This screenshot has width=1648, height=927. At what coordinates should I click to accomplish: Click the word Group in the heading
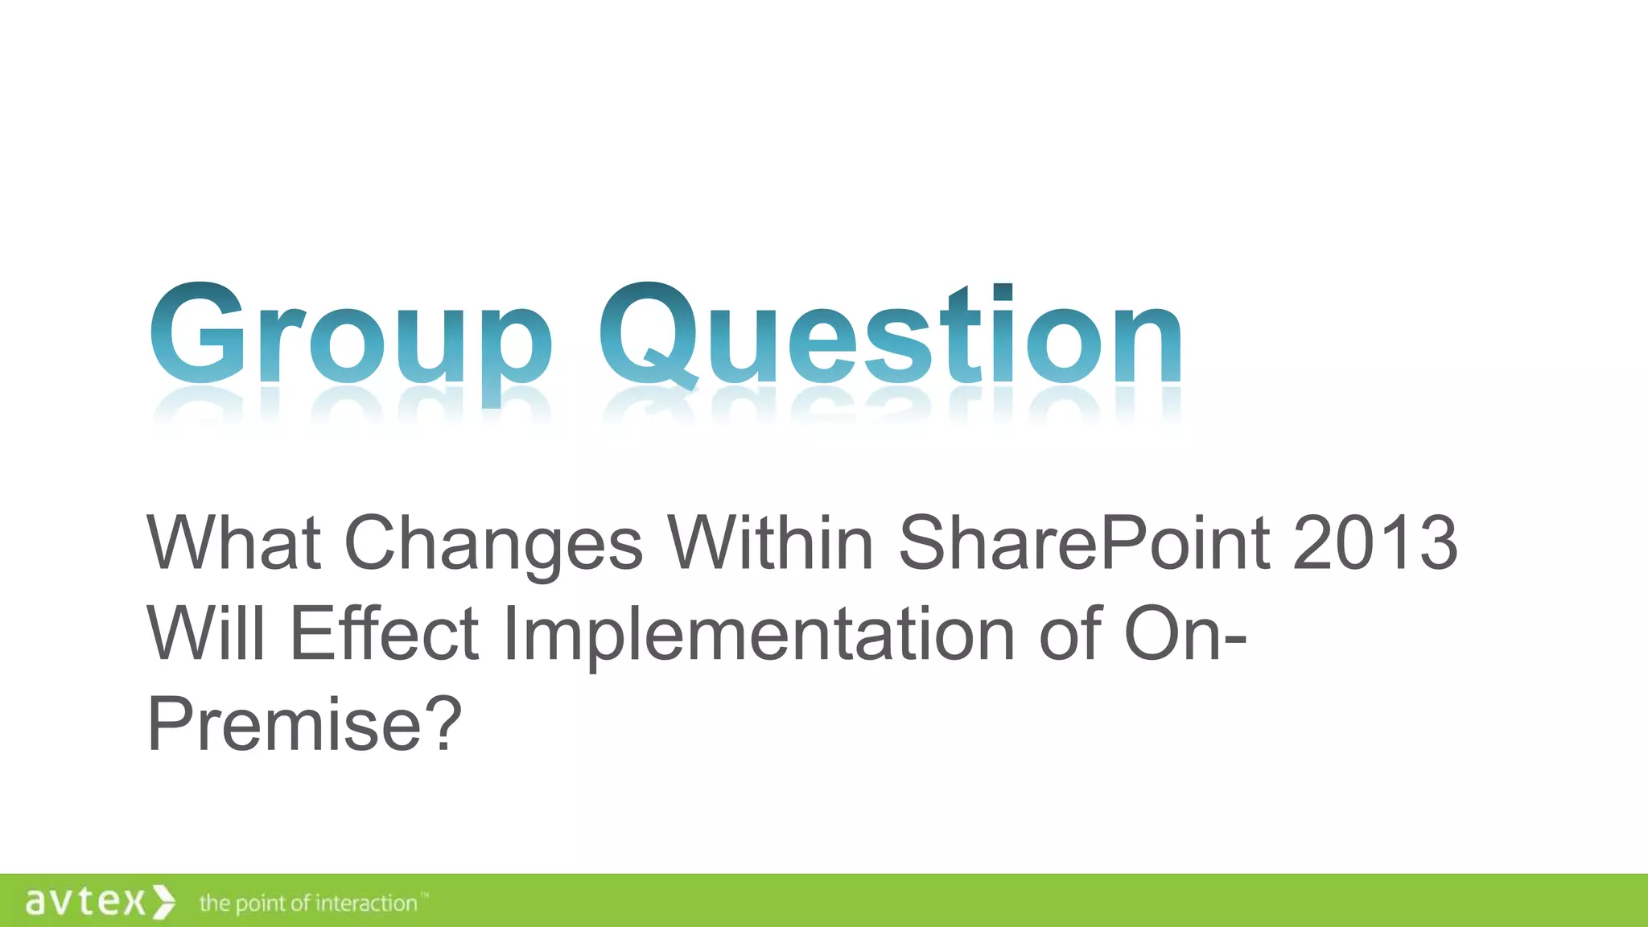[351, 338]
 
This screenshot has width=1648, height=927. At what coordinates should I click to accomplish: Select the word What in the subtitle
[234, 543]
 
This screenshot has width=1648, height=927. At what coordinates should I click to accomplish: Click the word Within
[771, 543]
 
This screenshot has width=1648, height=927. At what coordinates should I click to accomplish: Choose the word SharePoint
[1084, 543]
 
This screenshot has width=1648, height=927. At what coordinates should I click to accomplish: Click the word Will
[206, 633]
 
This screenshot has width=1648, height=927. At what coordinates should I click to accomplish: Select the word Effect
[385, 633]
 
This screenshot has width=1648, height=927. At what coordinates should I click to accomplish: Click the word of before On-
[1070, 633]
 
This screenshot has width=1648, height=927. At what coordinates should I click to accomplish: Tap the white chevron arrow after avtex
[163, 901]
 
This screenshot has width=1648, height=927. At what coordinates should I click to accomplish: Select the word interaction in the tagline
[366, 903]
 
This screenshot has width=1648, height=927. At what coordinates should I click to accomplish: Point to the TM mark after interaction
[425, 895]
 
